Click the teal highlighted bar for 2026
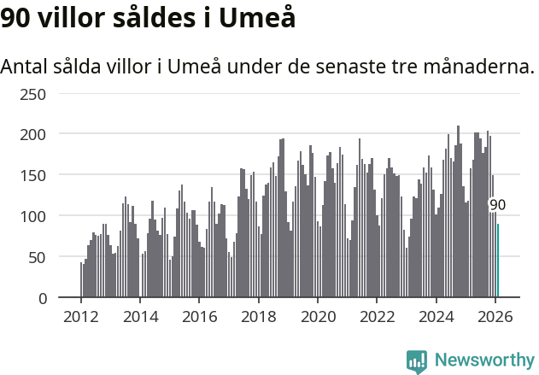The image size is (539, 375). pyautogui.click(x=498, y=261)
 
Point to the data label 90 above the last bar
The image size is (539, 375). pyautogui.click(x=497, y=205)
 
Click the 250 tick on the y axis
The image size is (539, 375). pyautogui.click(x=32, y=93)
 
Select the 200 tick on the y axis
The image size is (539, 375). pyautogui.click(x=32, y=134)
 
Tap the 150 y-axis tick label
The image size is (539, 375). pyautogui.click(x=32, y=175)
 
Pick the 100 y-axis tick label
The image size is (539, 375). pyautogui.click(x=32, y=216)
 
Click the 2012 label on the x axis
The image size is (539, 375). pyautogui.click(x=81, y=315)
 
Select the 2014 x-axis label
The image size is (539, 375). pyautogui.click(x=140, y=315)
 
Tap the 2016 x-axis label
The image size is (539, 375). pyautogui.click(x=199, y=315)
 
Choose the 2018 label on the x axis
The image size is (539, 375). pyautogui.click(x=258, y=315)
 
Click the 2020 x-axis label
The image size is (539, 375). pyautogui.click(x=318, y=315)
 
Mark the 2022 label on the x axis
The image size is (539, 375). pyautogui.click(x=377, y=315)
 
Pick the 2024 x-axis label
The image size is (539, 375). pyautogui.click(x=436, y=315)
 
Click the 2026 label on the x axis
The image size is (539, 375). pyautogui.click(x=495, y=315)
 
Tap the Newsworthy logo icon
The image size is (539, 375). pyautogui.click(x=417, y=361)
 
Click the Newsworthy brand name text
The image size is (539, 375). pyautogui.click(x=483, y=361)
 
